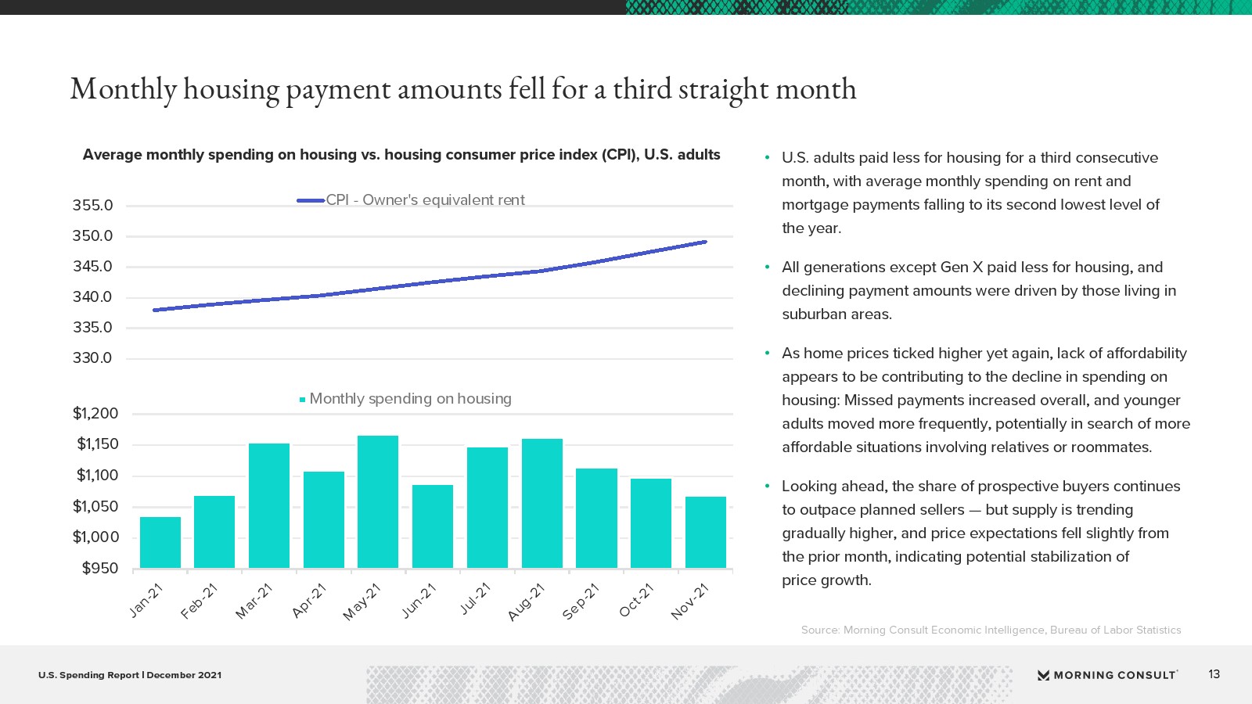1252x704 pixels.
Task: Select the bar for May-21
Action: pyautogui.click(x=378, y=501)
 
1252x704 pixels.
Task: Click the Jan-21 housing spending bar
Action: pyautogui.click(x=160, y=543)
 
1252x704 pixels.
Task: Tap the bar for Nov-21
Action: pyautogui.click(x=706, y=533)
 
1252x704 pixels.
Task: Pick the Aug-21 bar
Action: pyautogui.click(x=542, y=504)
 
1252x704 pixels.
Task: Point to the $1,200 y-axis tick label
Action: pyautogui.click(x=95, y=414)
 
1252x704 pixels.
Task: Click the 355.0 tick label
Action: pyautogui.click(x=93, y=206)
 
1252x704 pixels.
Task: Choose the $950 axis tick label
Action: pyautogui.click(x=101, y=568)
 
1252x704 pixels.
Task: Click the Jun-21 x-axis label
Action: pyautogui.click(x=419, y=601)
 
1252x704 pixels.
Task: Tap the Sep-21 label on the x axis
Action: pyautogui.click(x=581, y=602)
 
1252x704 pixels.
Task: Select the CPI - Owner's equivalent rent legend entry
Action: pyautogui.click(x=411, y=200)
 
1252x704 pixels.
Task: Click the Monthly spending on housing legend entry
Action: pyautogui.click(x=406, y=399)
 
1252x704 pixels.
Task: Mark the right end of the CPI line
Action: pyautogui.click(x=706, y=242)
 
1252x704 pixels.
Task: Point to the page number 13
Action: pyautogui.click(x=1214, y=674)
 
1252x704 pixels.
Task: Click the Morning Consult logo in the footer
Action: pyautogui.click(x=1107, y=675)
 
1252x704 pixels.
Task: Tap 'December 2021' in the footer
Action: pyautogui.click(x=184, y=675)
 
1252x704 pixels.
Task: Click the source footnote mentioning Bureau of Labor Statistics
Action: pyautogui.click(x=991, y=630)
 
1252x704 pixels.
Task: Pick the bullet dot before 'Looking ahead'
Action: pyautogui.click(x=768, y=486)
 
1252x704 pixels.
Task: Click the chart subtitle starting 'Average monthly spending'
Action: pyautogui.click(x=401, y=155)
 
